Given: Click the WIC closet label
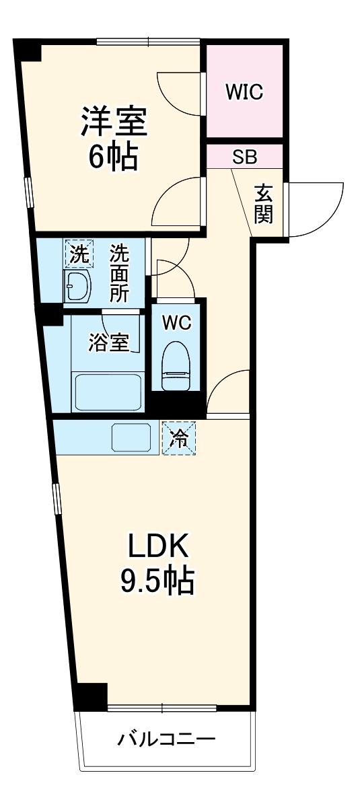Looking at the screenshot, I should click(244, 92).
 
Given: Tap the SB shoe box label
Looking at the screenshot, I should click(244, 158).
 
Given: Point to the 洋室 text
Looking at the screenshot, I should click(114, 124).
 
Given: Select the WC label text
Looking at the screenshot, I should click(176, 324).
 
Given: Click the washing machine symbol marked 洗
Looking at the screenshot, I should click(79, 255).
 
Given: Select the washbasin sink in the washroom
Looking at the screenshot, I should click(78, 288).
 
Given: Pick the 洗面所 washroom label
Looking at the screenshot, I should click(120, 273).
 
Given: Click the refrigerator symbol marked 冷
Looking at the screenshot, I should click(178, 437).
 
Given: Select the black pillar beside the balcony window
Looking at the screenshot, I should click(91, 696).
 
